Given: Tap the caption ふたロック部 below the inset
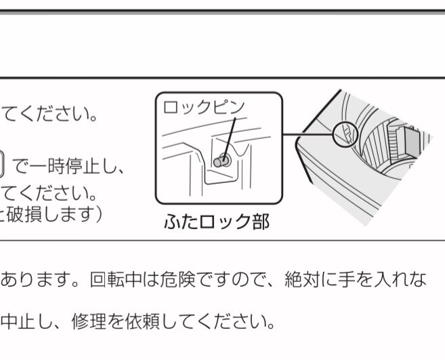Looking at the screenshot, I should coord(216,222).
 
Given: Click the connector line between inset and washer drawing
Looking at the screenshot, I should coord(308,134).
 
